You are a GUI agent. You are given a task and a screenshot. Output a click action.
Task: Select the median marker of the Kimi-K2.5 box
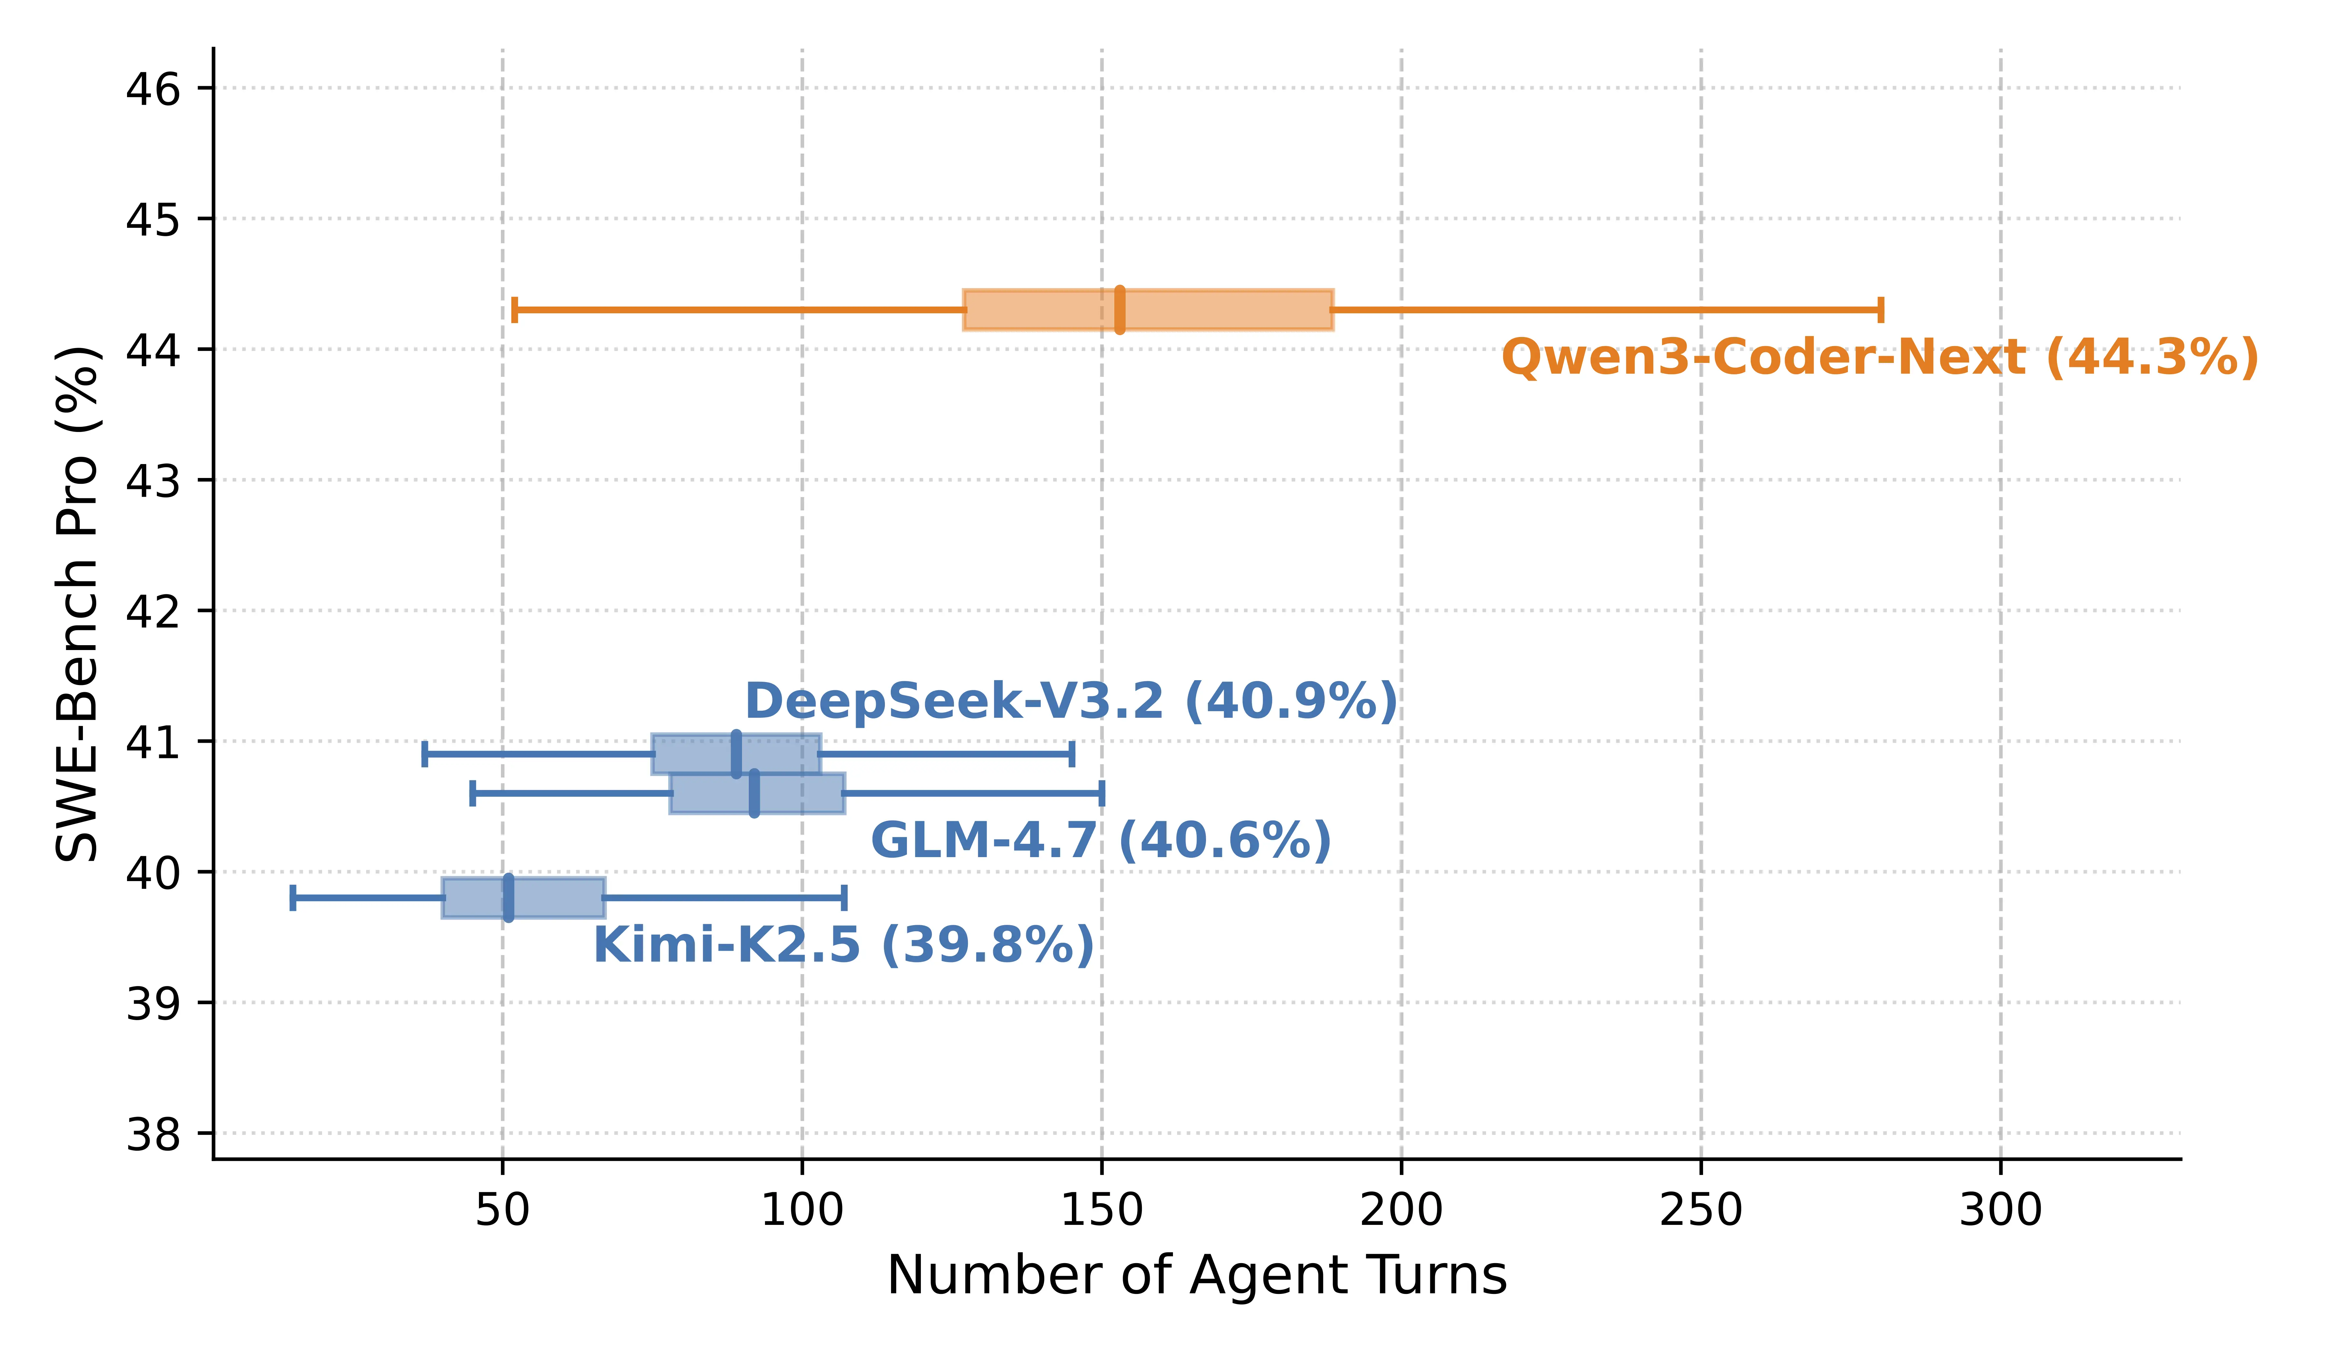point(508,897)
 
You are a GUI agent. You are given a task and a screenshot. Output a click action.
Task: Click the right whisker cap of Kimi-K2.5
point(844,897)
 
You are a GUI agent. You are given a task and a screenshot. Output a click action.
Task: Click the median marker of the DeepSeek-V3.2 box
point(736,754)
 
